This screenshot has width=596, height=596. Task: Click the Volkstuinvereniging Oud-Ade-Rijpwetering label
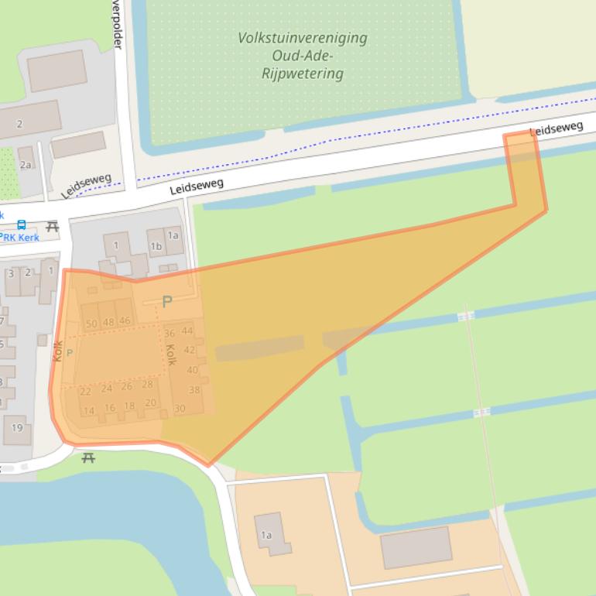click(303, 56)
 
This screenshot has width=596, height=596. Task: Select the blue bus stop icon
click(21, 225)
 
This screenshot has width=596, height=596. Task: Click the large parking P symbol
click(166, 302)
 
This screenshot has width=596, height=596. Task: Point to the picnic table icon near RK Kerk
click(52, 226)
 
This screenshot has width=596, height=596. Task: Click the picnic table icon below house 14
click(88, 457)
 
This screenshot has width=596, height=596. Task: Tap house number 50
click(91, 324)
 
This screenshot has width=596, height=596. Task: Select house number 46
click(125, 320)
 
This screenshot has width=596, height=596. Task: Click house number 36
click(170, 334)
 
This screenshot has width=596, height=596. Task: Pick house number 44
click(187, 331)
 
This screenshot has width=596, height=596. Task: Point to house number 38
click(194, 390)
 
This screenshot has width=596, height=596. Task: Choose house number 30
click(180, 409)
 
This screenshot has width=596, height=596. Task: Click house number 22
click(85, 392)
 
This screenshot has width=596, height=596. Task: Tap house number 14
click(88, 410)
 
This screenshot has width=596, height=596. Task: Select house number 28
click(147, 385)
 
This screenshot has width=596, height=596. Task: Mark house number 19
click(17, 428)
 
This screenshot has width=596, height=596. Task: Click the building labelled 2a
click(26, 164)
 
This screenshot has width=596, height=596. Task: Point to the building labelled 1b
click(156, 247)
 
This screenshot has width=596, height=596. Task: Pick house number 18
click(129, 406)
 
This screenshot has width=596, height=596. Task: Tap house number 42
click(190, 350)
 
